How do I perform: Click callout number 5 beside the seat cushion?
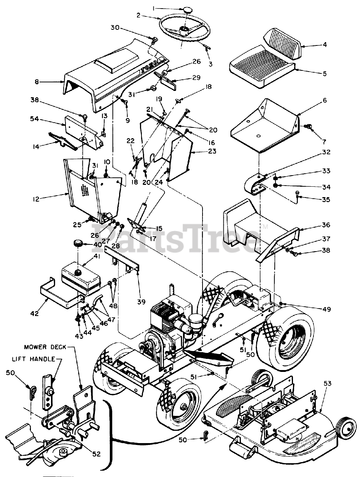click(325, 74)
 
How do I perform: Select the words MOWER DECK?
click(45, 347)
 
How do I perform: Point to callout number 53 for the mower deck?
click(327, 383)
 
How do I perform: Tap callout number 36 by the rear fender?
click(326, 225)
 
